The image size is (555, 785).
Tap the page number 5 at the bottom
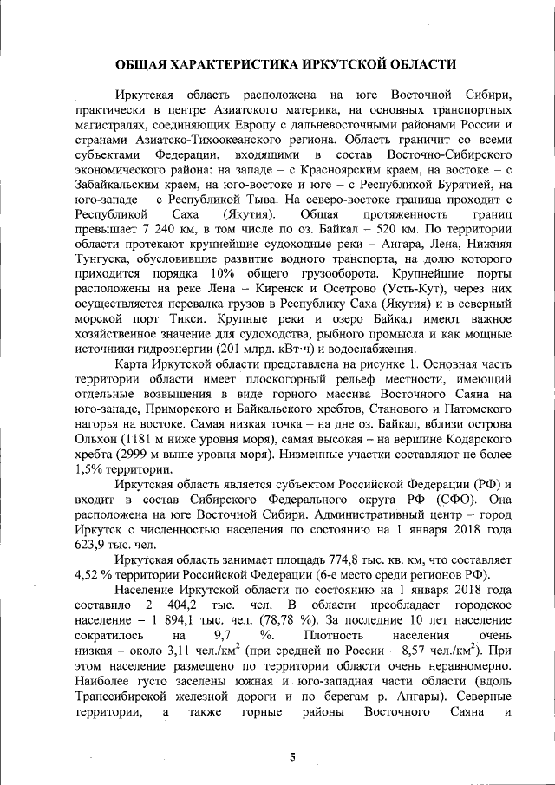point(292,756)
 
